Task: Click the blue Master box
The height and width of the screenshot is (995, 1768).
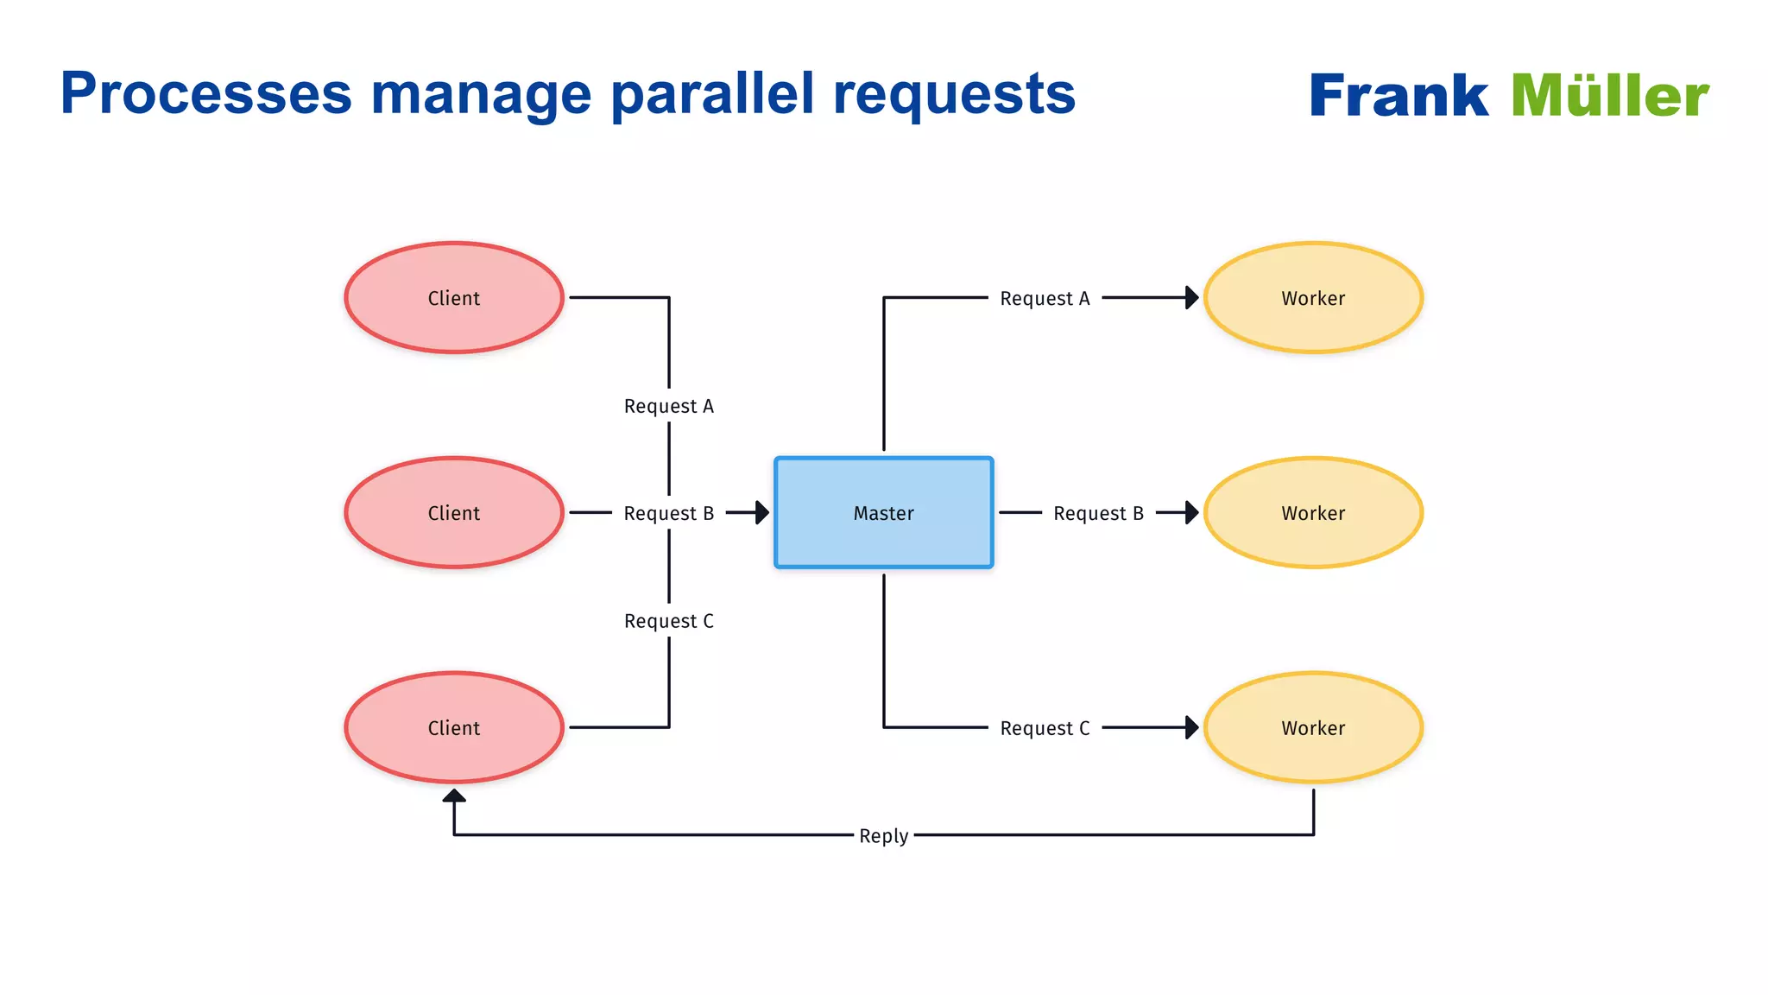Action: (x=883, y=512)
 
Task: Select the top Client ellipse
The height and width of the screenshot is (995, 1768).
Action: (x=454, y=297)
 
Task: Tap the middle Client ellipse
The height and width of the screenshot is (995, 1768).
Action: (x=454, y=512)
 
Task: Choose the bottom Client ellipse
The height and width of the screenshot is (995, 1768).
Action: (x=454, y=727)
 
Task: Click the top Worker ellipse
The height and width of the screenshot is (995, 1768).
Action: (x=1312, y=297)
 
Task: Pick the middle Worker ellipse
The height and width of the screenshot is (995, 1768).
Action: (x=1312, y=512)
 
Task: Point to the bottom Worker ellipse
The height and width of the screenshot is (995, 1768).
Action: (x=1312, y=727)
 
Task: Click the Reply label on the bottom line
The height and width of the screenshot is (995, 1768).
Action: (x=883, y=835)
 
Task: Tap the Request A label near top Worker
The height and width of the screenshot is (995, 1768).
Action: (x=1045, y=298)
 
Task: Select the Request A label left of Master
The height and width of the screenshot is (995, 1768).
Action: (x=669, y=406)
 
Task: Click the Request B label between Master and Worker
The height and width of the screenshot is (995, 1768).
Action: (x=1098, y=513)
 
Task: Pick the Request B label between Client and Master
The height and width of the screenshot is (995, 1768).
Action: (x=669, y=513)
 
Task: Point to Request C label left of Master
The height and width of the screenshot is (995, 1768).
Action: (x=669, y=621)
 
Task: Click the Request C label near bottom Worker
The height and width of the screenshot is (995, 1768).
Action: (x=1045, y=728)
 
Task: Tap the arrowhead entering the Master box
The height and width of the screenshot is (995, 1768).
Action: (x=762, y=512)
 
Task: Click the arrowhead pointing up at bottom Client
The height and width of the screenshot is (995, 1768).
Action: (x=454, y=795)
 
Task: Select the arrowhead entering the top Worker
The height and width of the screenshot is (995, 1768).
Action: (x=1192, y=297)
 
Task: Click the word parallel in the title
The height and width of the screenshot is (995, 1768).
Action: (x=712, y=93)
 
